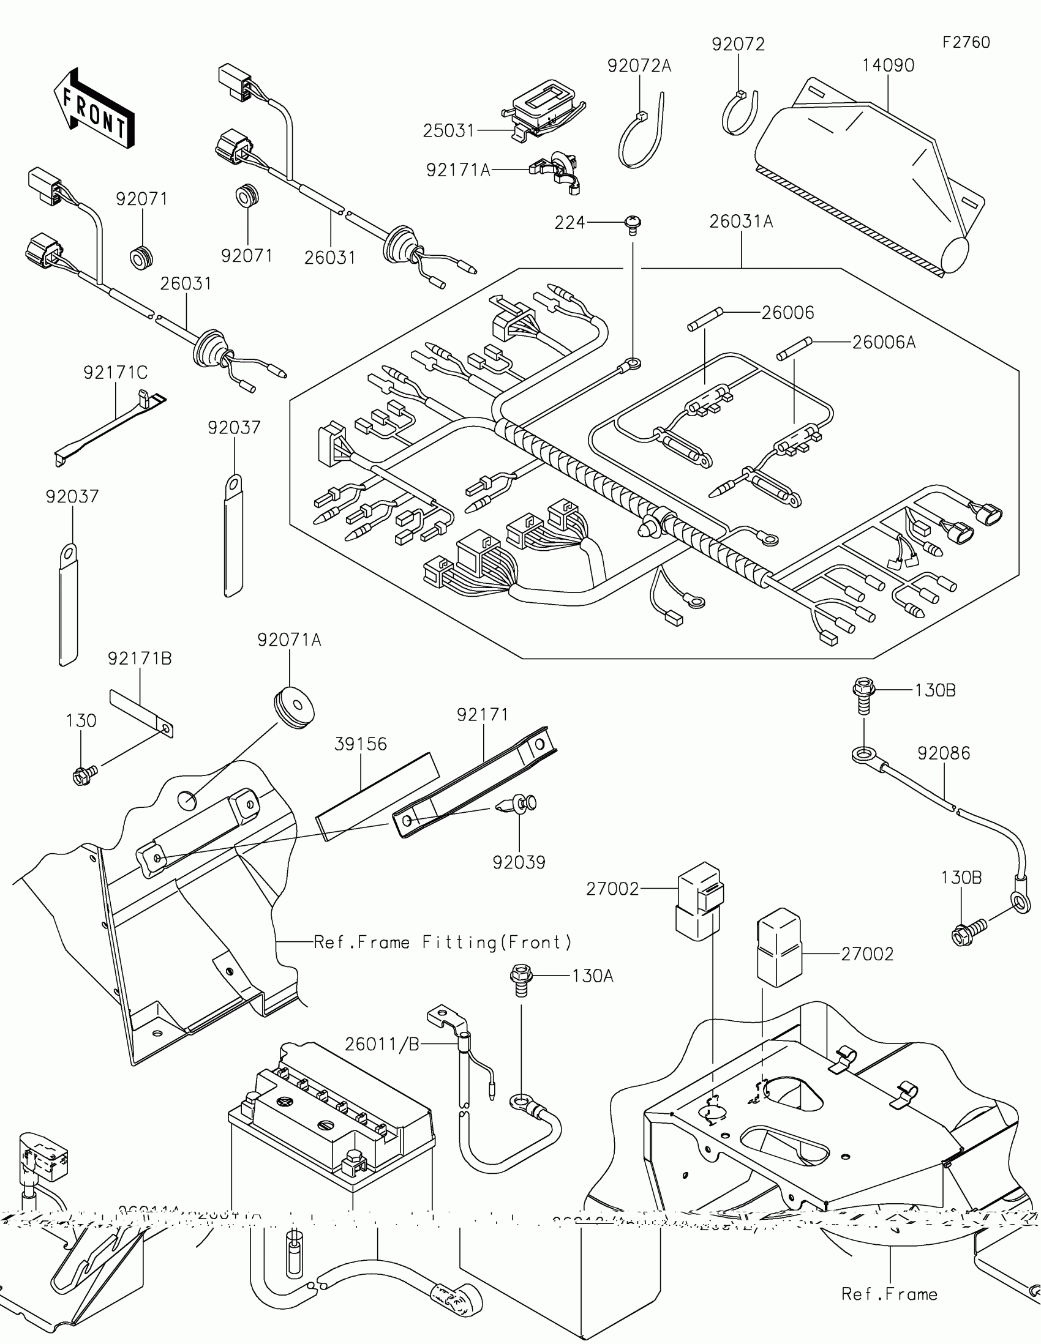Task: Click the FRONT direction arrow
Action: click(94, 108)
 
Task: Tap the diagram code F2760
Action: click(966, 42)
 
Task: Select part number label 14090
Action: click(888, 65)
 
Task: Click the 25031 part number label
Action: click(449, 130)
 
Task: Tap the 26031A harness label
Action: click(740, 222)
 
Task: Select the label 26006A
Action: click(884, 342)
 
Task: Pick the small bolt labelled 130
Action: click(83, 775)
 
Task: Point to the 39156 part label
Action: click(360, 744)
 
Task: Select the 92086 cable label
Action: click(943, 753)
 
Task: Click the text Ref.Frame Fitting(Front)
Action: click(443, 942)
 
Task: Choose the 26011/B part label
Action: click(381, 1043)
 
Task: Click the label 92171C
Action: click(116, 372)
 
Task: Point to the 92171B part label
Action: click(140, 659)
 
